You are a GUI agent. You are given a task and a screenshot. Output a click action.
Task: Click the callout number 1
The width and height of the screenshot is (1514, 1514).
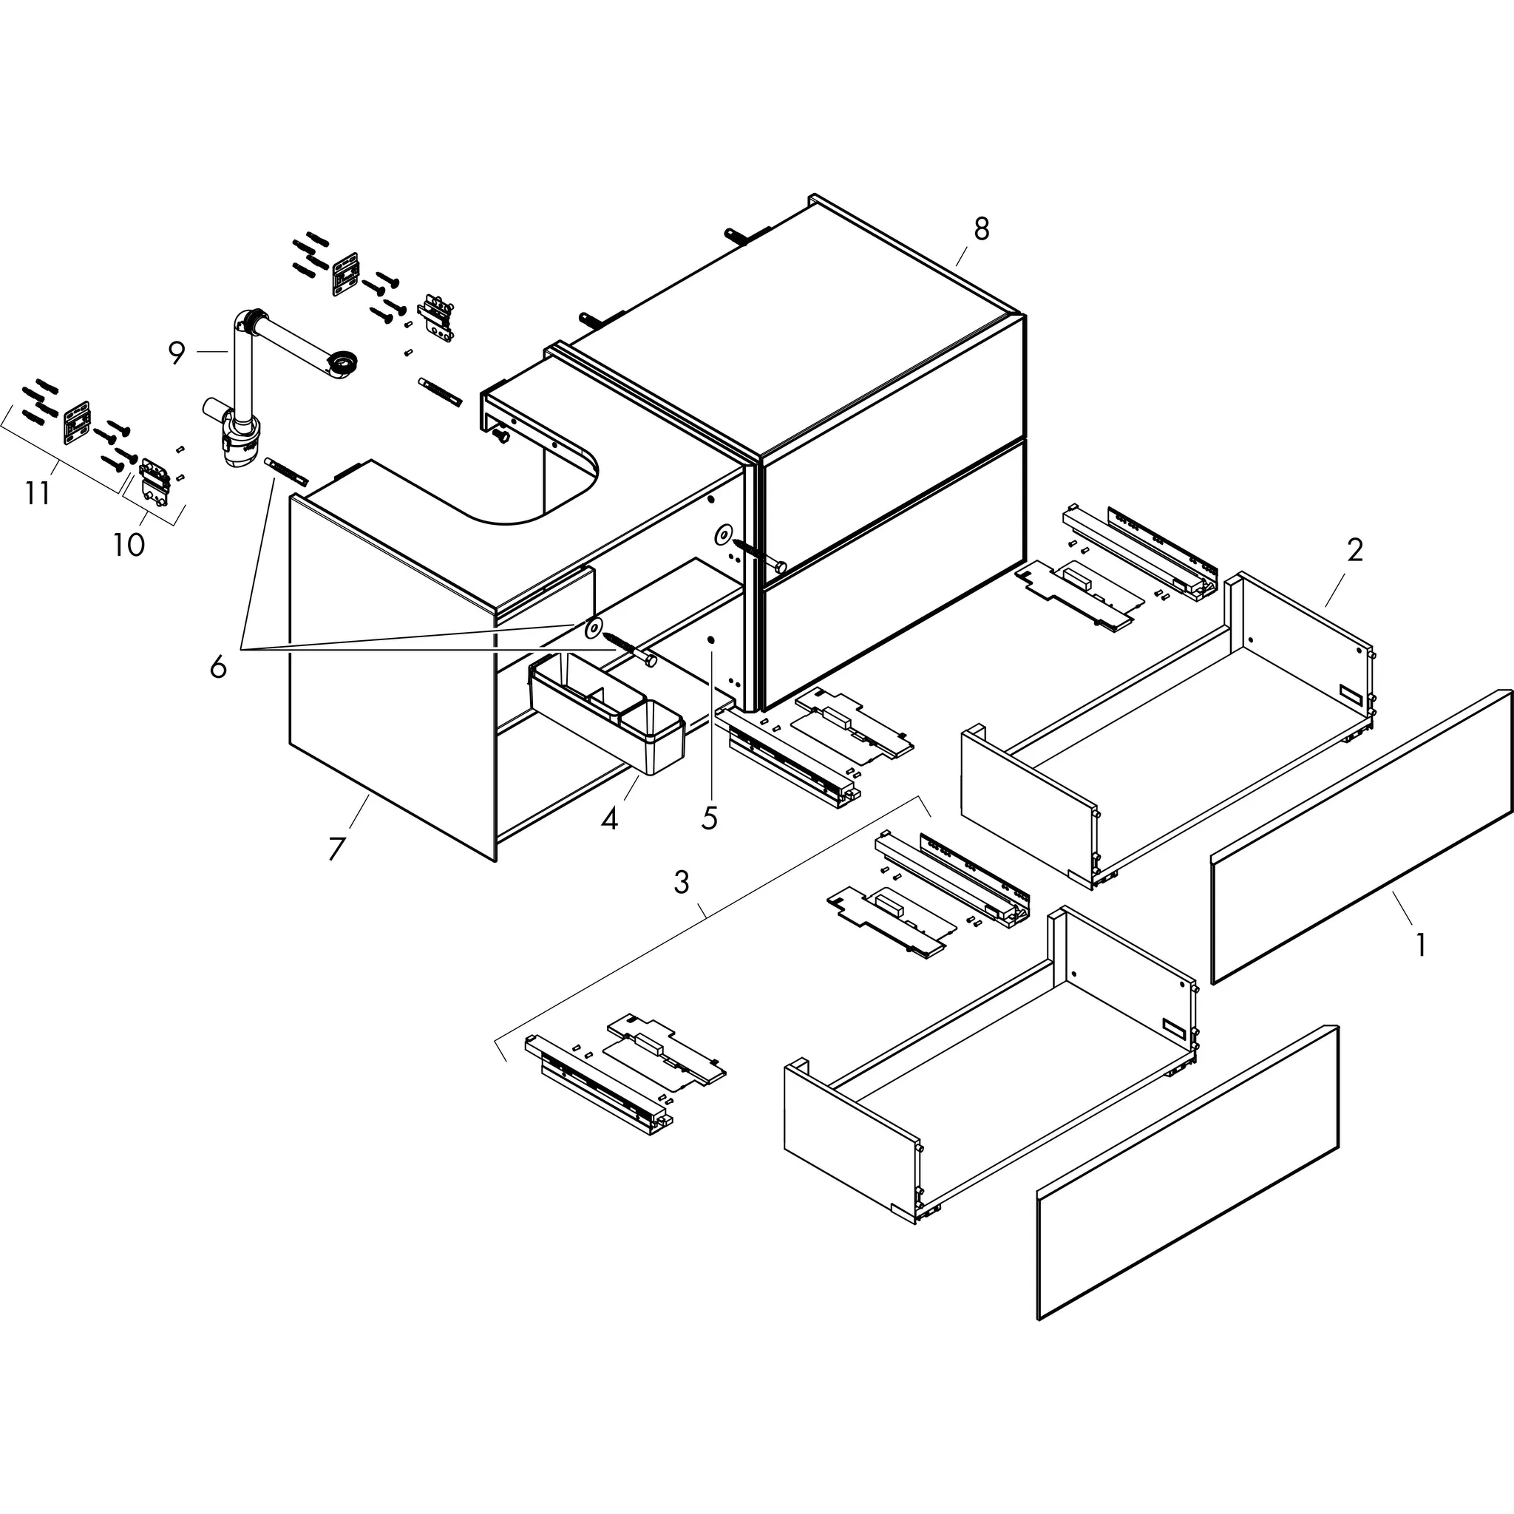pyautogui.click(x=1420, y=944)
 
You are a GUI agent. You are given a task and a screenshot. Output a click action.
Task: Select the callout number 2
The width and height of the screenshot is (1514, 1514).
pyautogui.click(x=1355, y=550)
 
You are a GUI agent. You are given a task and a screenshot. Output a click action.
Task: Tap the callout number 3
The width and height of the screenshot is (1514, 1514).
pyautogui.click(x=681, y=883)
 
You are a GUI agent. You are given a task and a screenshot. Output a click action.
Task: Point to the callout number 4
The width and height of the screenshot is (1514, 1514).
pyautogui.click(x=609, y=819)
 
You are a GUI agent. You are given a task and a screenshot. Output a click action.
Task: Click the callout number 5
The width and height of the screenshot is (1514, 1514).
pyautogui.click(x=709, y=818)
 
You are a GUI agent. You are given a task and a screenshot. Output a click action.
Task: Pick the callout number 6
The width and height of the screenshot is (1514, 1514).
pyautogui.click(x=218, y=667)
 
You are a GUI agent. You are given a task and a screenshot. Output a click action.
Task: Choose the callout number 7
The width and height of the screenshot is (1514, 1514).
pyautogui.click(x=336, y=848)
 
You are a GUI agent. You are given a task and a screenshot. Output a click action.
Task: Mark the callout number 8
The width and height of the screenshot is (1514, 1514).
pyautogui.click(x=981, y=229)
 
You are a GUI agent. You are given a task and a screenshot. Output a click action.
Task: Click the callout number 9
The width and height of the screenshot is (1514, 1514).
pyautogui.click(x=177, y=353)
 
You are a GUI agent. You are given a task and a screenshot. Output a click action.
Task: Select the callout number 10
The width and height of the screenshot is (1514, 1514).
pyautogui.click(x=129, y=544)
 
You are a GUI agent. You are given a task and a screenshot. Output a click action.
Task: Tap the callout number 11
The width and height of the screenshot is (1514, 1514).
pyautogui.click(x=38, y=494)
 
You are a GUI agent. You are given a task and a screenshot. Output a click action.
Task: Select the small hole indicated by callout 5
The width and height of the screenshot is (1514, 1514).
pyautogui.click(x=710, y=640)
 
